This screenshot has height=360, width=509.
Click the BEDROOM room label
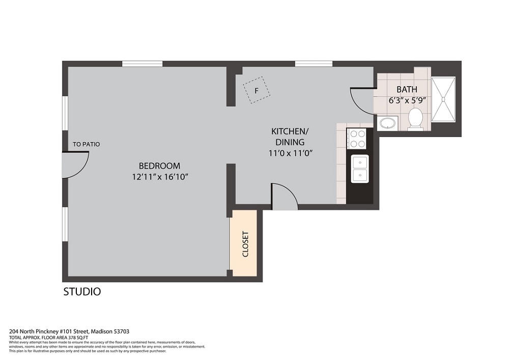159,166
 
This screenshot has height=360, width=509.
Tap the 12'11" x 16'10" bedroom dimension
160,177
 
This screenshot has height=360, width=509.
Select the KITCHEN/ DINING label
290,136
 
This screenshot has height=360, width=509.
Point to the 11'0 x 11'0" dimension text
290,153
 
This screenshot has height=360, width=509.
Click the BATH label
407,89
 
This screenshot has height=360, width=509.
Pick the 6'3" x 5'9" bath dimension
407,100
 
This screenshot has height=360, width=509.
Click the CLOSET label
245,244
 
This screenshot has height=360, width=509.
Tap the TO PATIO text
86,144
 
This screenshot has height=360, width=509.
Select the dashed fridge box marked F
257,90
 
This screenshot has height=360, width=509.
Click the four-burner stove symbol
356,139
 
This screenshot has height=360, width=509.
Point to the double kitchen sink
360,169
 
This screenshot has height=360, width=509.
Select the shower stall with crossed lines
443,99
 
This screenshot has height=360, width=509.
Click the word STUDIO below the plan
82,291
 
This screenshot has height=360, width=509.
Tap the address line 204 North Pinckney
69,331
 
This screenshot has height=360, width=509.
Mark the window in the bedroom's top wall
142,64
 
